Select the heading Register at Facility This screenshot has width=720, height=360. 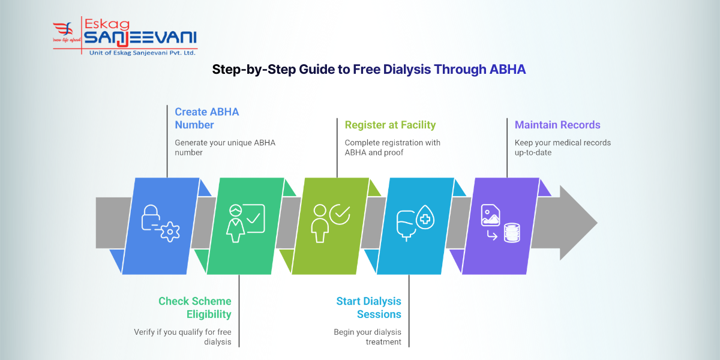click(390, 125)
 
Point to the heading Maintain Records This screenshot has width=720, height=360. click(557, 125)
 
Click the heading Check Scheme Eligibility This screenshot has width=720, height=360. click(194, 307)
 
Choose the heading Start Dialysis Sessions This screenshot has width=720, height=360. click(368, 307)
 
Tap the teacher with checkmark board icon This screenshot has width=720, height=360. click(245, 223)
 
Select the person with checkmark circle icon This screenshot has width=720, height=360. click(330, 223)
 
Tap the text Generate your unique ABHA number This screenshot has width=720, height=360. click(224, 148)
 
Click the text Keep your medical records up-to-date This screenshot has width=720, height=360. click(562, 148)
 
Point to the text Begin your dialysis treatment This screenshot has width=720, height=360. click(367, 337)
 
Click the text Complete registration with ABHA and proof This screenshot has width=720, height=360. click(392, 148)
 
